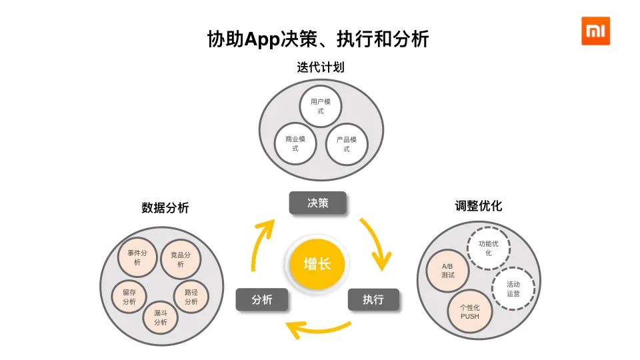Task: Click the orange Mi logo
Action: (595, 31)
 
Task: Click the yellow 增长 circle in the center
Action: (317, 263)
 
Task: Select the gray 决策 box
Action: (317, 203)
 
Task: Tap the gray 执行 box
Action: (373, 299)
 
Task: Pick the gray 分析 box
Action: (262, 299)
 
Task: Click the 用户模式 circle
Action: (320, 106)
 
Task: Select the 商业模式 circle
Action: (295, 143)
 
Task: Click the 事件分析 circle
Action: (137, 257)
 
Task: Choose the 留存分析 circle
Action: (129, 297)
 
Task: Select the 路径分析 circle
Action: (191, 297)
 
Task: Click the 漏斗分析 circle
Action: (161, 317)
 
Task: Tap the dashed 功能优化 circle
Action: (488, 248)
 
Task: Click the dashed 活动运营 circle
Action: (513, 288)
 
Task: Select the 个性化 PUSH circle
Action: (470, 311)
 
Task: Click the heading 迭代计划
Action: (320, 67)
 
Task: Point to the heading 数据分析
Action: (165, 208)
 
